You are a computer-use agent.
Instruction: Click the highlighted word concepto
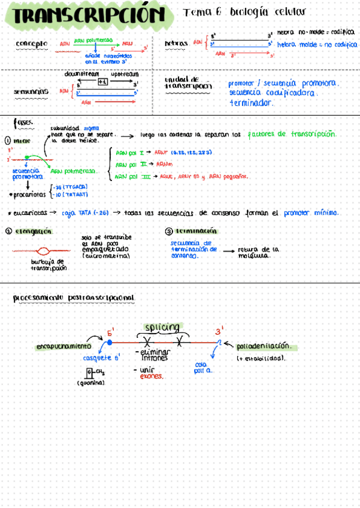click(32, 44)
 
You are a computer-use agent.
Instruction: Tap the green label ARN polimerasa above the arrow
click(93, 40)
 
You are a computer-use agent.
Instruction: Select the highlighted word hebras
click(176, 44)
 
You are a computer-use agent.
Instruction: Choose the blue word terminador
click(252, 103)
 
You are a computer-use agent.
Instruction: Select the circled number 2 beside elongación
click(9, 231)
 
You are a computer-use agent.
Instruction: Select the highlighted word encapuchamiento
click(63, 346)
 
